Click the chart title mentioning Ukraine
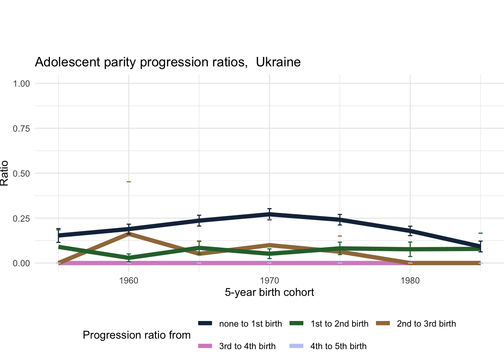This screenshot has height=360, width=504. pos(168,62)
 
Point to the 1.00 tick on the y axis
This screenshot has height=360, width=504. pos(21,83)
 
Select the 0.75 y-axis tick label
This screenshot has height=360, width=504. pos(21,128)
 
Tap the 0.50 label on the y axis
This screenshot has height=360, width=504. pos(21,173)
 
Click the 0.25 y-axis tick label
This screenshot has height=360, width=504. pos(21,218)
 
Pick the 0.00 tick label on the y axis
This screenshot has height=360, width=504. pos(21,263)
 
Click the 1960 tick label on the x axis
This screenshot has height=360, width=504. pos(129,280)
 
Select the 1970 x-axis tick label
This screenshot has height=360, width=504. pos(269,280)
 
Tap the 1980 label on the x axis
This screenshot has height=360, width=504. pos(410,280)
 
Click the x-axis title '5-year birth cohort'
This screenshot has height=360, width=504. pos(269,292)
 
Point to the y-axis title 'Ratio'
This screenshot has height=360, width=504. pos(4,173)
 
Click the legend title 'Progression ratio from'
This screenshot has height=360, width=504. pos(136,335)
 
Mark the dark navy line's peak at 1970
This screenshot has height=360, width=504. pos(269,214)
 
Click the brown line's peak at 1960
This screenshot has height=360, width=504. pos(129,233)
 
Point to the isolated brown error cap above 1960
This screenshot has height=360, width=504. pos(129,182)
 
